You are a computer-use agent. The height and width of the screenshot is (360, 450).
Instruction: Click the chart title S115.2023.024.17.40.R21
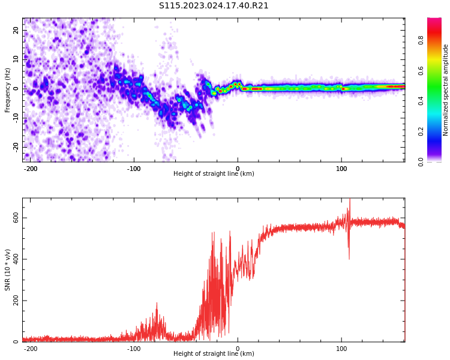click(214, 5)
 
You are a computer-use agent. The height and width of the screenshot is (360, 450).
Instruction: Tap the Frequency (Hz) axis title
click(8, 90)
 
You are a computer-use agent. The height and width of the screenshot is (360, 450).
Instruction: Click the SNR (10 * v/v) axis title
click(8, 270)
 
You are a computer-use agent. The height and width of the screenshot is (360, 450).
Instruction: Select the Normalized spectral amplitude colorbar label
click(446, 90)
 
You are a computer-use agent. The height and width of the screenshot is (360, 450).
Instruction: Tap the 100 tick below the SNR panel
click(341, 349)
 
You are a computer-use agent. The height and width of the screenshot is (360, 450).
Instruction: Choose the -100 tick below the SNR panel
click(134, 349)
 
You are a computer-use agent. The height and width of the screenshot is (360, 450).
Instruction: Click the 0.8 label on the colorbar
click(421, 40)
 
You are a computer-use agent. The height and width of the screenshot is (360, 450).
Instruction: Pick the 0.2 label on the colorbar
click(421, 131)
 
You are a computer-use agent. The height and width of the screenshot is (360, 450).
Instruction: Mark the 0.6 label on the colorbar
click(421, 70)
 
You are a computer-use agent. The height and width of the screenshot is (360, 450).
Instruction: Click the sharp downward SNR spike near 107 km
click(349, 258)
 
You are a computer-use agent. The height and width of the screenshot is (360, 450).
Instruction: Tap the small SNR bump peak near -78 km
click(157, 305)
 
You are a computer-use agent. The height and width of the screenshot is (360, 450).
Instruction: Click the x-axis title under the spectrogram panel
click(214, 174)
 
